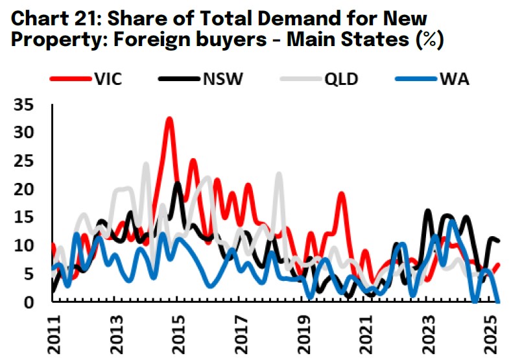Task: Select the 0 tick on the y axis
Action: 30,302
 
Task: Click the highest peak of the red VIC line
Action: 169,119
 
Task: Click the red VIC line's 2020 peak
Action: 342,194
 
